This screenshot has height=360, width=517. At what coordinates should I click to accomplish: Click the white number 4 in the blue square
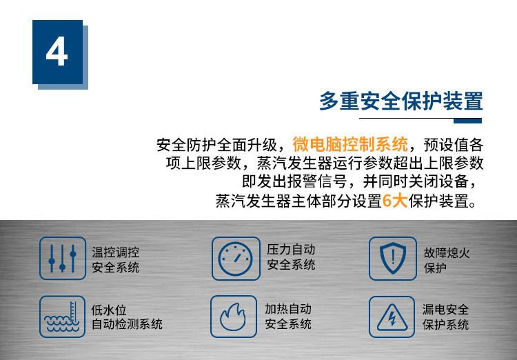pyautogui.click(x=57, y=52)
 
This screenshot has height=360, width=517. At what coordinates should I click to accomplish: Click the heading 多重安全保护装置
pyautogui.click(x=401, y=101)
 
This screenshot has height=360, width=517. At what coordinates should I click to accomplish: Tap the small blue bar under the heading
pyautogui.click(x=467, y=121)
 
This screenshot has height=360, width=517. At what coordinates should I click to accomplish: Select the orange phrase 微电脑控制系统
pyautogui.click(x=350, y=144)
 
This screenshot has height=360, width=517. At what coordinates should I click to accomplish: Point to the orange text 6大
pyautogui.click(x=395, y=200)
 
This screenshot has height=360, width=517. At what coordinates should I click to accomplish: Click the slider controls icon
pyautogui.click(x=63, y=259)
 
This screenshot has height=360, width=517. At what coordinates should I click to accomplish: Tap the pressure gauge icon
pyautogui.click(x=236, y=259)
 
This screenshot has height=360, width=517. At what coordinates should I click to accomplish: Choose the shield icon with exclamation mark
pyautogui.click(x=393, y=259)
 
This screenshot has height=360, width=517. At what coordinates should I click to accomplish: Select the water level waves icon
pyautogui.click(x=62, y=317)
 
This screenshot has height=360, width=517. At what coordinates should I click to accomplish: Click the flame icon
pyautogui.click(x=234, y=317)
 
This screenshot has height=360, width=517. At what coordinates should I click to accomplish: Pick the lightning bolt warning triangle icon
pyautogui.click(x=392, y=317)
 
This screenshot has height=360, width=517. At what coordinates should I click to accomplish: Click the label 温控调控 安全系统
pyautogui.click(x=115, y=260)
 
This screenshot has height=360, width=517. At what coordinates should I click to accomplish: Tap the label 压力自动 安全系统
pyautogui.click(x=291, y=257)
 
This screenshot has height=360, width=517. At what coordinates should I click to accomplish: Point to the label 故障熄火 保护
pyautogui.click(x=447, y=261)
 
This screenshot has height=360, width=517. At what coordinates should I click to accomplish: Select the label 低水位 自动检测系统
pyautogui.click(x=127, y=317)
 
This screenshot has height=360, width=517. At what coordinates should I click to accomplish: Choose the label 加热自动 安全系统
pyautogui.click(x=288, y=317)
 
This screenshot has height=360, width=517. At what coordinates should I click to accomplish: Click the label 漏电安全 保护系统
pyautogui.click(x=445, y=317)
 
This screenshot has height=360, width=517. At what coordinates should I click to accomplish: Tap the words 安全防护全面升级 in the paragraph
pyautogui.click(x=216, y=145)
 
